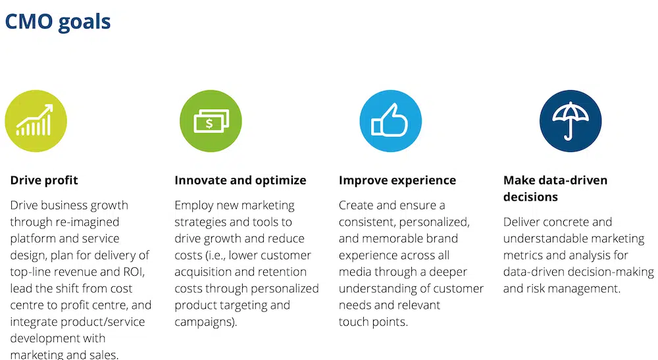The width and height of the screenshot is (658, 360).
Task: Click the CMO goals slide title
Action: click(57, 22)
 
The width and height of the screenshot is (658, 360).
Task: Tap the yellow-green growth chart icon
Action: click(36, 121)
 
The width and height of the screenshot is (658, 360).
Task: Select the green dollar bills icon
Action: click(211, 121)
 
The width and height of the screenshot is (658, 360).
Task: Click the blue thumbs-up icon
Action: click(391, 121)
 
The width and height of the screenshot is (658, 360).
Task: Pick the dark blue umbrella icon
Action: click(570, 121)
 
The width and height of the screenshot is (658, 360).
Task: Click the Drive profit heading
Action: click(44, 180)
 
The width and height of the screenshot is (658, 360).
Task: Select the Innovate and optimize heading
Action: click(240, 180)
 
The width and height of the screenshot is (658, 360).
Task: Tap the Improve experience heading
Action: click(397, 180)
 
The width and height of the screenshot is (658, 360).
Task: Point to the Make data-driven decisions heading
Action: click(555, 188)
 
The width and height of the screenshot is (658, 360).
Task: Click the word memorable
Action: click(392, 239)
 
